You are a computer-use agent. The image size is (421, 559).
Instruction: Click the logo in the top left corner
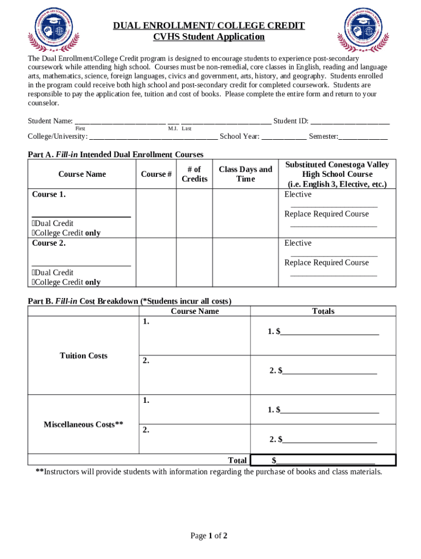[x=53, y=31]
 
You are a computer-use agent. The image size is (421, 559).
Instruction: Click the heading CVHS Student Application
[x=208, y=37]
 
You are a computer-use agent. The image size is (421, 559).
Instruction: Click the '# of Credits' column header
[x=194, y=174]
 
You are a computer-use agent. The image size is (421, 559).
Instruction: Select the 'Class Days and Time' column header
[x=245, y=174]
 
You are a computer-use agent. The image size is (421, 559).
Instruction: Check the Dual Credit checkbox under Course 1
[x=34, y=223]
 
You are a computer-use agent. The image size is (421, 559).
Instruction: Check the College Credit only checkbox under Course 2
[x=34, y=282]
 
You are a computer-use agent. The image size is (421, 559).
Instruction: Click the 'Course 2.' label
[x=49, y=243]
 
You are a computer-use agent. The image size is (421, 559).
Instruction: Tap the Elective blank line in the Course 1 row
[x=334, y=205]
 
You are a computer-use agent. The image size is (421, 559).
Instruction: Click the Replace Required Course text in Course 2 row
[x=326, y=263]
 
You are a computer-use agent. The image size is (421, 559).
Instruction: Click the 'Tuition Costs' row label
[x=84, y=356]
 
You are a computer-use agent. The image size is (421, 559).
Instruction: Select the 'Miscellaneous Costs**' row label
[x=84, y=424]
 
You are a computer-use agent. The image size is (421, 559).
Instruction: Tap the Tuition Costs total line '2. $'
[x=323, y=371]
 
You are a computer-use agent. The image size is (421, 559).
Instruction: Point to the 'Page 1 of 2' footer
[x=208, y=536]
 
